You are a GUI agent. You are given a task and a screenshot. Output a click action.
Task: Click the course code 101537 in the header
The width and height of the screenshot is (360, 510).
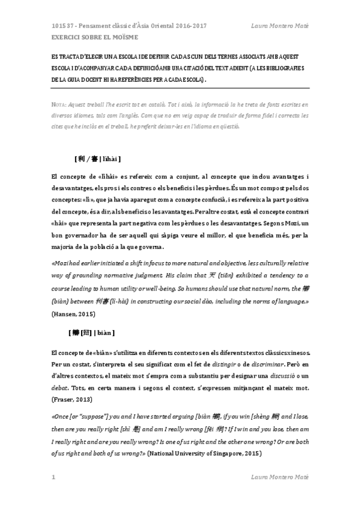tap(62, 26)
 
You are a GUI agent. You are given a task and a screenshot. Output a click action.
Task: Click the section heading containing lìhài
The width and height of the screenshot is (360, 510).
tap(98, 159)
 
